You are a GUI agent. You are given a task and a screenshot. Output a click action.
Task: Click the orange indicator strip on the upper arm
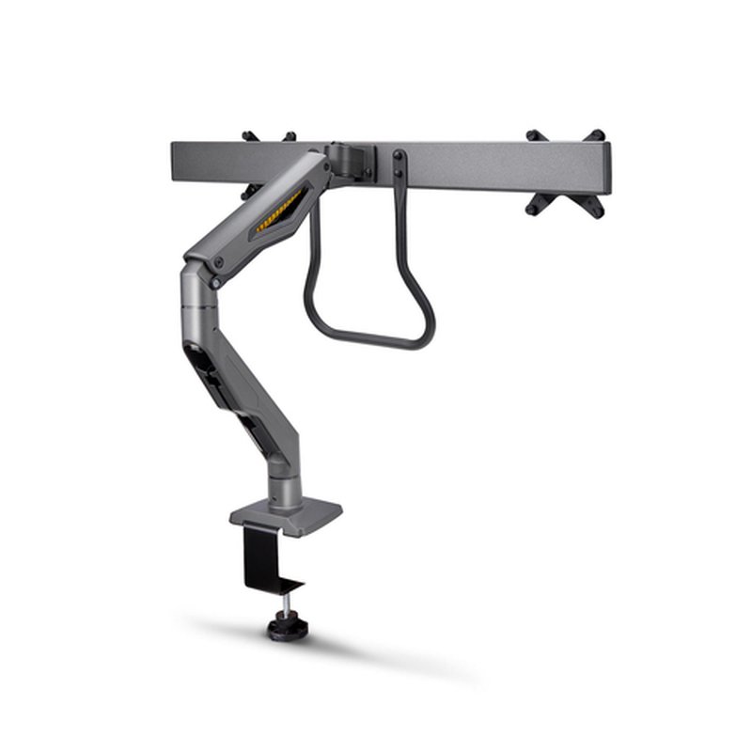coord(280,211)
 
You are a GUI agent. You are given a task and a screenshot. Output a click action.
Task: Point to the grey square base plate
coord(286,516)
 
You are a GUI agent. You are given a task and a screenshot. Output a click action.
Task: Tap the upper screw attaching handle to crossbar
coord(399,155)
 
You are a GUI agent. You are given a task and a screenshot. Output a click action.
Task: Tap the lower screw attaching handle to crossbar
coord(399,173)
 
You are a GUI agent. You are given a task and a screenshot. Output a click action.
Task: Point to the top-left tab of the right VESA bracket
coord(533,135)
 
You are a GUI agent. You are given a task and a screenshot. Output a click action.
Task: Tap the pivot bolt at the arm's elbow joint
coord(216,281)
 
